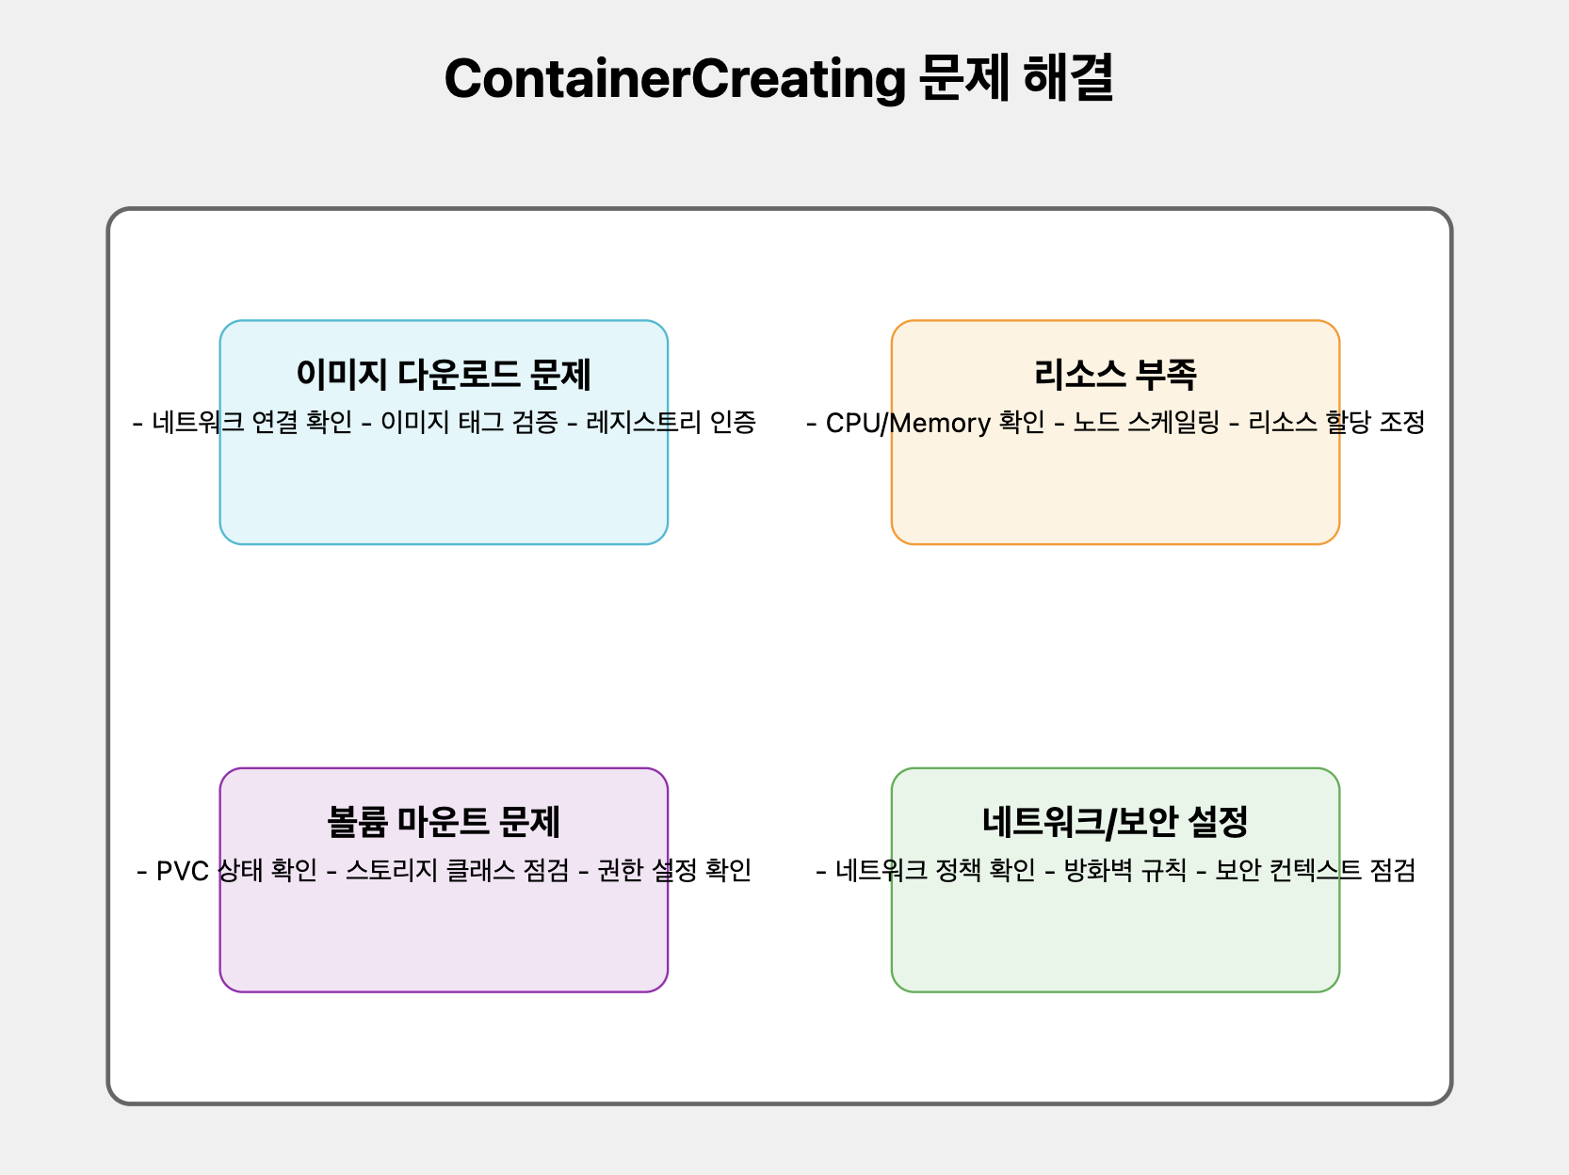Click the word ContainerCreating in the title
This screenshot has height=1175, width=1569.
pyautogui.click(x=674, y=78)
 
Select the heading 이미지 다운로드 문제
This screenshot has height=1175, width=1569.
pyautogui.click(x=444, y=375)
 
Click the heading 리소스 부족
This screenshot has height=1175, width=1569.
pyautogui.click(x=1115, y=375)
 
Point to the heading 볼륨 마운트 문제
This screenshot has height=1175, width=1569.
pyautogui.click(x=444, y=822)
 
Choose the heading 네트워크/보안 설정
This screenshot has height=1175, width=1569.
pyautogui.click(x=1115, y=822)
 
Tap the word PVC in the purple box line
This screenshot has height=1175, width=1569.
pyautogui.click(x=182, y=871)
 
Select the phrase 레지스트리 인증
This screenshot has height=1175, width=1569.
pyautogui.click(x=671, y=423)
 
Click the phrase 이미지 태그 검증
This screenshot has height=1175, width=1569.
pyautogui.click(x=469, y=423)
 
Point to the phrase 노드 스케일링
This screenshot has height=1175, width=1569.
pyautogui.click(x=1146, y=423)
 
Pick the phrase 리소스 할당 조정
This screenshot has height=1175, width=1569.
pyautogui.click(x=1336, y=423)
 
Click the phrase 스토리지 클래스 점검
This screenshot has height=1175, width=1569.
pyautogui.click(x=457, y=871)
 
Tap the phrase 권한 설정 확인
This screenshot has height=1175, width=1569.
pyautogui.click(x=674, y=871)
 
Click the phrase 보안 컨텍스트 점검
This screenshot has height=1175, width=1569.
pyautogui.click(x=1315, y=871)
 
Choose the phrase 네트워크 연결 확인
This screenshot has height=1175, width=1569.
pyautogui.click(x=251, y=423)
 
